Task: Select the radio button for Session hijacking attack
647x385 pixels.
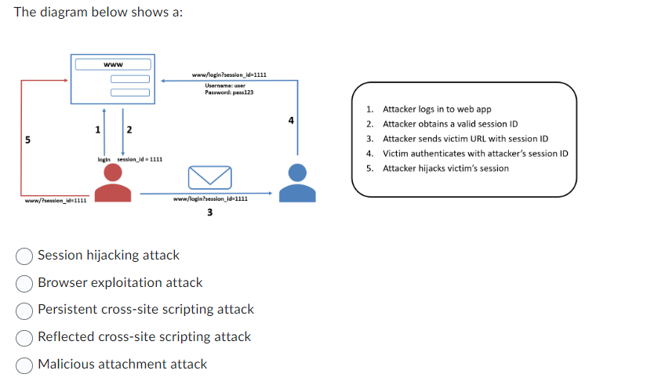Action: pyautogui.click(x=25, y=256)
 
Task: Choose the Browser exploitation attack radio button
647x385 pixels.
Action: pyautogui.click(x=25, y=283)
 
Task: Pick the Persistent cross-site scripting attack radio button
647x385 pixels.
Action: pyautogui.click(x=25, y=310)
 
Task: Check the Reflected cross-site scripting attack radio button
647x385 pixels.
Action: pyautogui.click(x=25, y=337)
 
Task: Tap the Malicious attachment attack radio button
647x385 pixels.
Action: pyautogui.click(x=25, y=365)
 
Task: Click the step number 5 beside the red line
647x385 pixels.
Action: pyautogui.click(x=28, y=140)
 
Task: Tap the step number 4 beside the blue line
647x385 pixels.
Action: pyautogui.click(x=291, y=121)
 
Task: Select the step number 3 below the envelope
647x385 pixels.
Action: pyautogui.click(x=209, y=212)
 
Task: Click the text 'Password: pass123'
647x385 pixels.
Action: pyautogui.click(x=229, y=93)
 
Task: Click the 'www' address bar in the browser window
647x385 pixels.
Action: pyautogui.click(x=112, y=64)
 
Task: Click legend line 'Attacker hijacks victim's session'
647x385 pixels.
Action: pyautogui.click(x=445, y=169)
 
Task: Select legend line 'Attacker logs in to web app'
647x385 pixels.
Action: pyautogui.click(x=436, y=109)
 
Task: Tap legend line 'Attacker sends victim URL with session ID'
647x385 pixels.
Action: pyautogui.click(x=464, y=139)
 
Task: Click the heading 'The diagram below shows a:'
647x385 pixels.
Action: pyautogui.click(x=98, y=13)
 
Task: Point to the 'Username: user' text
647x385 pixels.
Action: pyautogui.click(x=226, y=85)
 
